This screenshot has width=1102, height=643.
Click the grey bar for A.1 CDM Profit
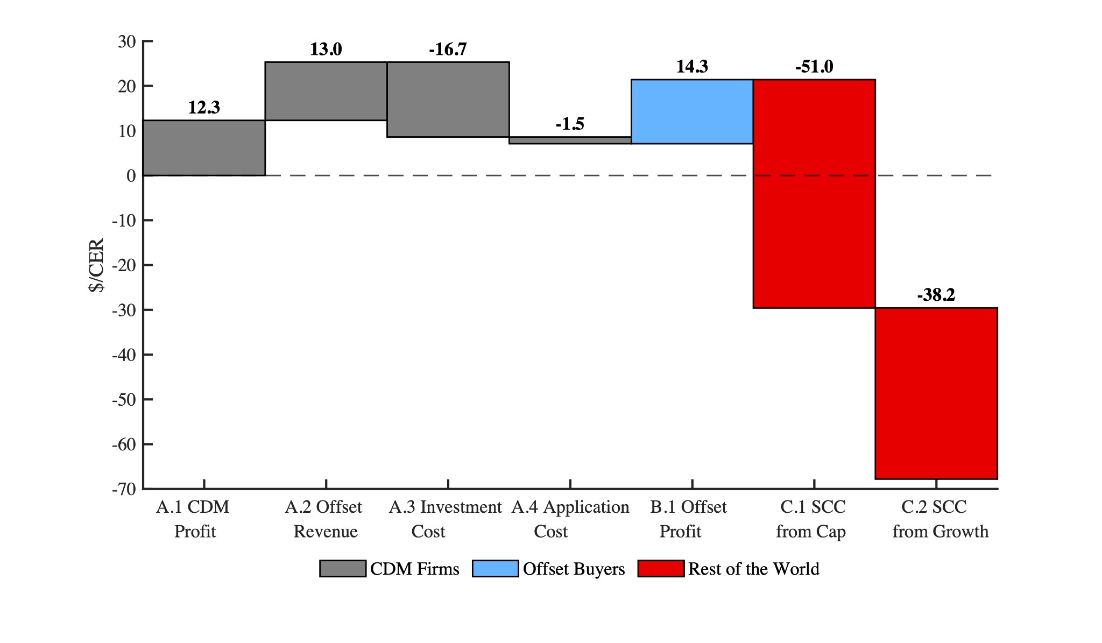(x=204, y=148)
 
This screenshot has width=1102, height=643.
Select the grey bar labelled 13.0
(x=326, y=91)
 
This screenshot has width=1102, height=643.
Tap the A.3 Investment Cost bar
(x=448, y=100)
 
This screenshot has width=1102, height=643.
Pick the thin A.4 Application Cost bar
(x=570, y=140)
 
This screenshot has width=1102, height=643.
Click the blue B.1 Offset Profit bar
(x=692, y=111)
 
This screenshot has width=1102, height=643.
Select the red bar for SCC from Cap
(x=814, y=194)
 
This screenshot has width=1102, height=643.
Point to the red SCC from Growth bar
(x=936, y=393)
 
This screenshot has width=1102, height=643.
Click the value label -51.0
(x=814, y=67)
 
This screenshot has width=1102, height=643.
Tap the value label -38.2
(x=936, y=295)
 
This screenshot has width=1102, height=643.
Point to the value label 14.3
(x=692, y=67)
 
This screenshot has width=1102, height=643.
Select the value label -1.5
(x=570, y=124)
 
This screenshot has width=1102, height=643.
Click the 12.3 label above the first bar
(x=204, y=108)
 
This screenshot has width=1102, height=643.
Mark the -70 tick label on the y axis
(x=124, y=489)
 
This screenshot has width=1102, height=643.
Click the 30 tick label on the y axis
(x=127, y=41)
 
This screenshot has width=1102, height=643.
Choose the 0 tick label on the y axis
(x=131, y=176)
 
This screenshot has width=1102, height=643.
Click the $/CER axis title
(x=97, y=265)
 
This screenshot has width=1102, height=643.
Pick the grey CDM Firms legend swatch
(x=342, y=569)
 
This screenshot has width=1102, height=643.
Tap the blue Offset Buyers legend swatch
(x=495, y=569)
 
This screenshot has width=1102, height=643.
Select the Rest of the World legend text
(x=754, y=569)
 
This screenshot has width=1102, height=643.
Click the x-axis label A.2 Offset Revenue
(x=325, y=519)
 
